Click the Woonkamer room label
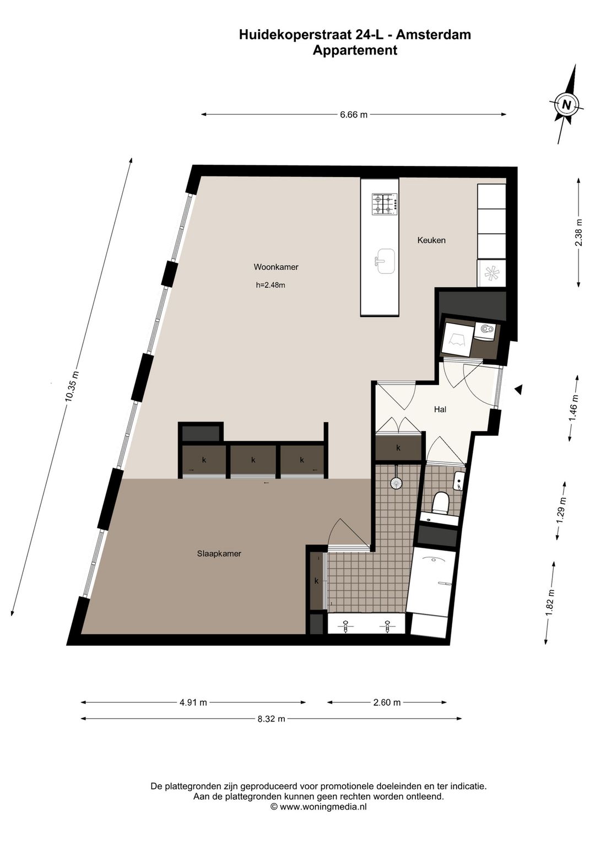[x=275, y=267]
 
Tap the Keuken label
[x=431, y=240]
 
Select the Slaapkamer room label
[x=219, y=553]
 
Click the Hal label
[x=440, y=409]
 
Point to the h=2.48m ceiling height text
[x=271, y=285]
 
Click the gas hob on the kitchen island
[x=385, y=203]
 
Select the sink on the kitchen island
[x=385, y=261]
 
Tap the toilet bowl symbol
[x=441, y=502]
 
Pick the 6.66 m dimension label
[x=353, y=115]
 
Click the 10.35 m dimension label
[x=72, y=387]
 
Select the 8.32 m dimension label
[x=272, y=719]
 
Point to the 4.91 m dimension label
[x=193, y=702]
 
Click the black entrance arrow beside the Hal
[x=518, y=390]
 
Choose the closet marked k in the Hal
[x=398, y=448]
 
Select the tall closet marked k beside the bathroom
[x=316, y=580]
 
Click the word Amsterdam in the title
[x=434, y=35]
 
